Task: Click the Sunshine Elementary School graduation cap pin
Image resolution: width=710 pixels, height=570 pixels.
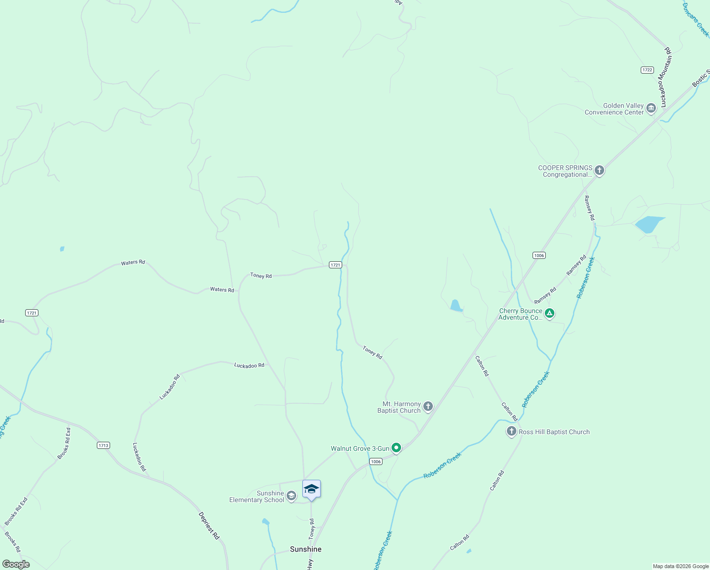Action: click(311, 489)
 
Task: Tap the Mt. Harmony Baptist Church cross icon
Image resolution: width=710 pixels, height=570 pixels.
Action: click(428, 407)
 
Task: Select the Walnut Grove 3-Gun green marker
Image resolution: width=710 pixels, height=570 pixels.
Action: click(396, 448)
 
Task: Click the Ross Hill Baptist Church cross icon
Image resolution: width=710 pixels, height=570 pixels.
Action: click(511, 431)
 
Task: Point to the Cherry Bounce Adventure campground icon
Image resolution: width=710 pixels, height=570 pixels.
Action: click(549, 313)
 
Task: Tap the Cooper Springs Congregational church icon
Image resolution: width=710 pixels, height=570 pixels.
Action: click(599, 171)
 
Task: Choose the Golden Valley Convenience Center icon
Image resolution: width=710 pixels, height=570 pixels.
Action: click(651, 109)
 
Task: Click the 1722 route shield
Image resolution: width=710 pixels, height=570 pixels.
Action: click(647, 70)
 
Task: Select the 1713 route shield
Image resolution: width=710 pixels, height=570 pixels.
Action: click(103, 445)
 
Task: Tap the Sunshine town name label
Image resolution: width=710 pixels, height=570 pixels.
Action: click(306, 549)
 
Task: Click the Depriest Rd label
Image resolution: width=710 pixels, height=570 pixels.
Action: click(209, 525)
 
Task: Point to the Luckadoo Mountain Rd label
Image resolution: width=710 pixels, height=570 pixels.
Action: click(665, 77)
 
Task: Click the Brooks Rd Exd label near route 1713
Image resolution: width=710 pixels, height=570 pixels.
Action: click(64, 443)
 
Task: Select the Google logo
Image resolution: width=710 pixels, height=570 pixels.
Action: click(16, 564)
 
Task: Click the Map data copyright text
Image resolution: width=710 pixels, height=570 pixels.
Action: click(680, 566)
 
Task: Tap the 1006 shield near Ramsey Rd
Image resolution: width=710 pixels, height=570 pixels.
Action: click(539, 256)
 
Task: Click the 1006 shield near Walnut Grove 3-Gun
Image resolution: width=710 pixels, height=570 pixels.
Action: click(375, 462)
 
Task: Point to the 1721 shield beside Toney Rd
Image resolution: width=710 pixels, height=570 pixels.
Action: click(335, 265)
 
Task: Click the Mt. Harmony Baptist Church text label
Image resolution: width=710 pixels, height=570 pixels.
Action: click(399, 407)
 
